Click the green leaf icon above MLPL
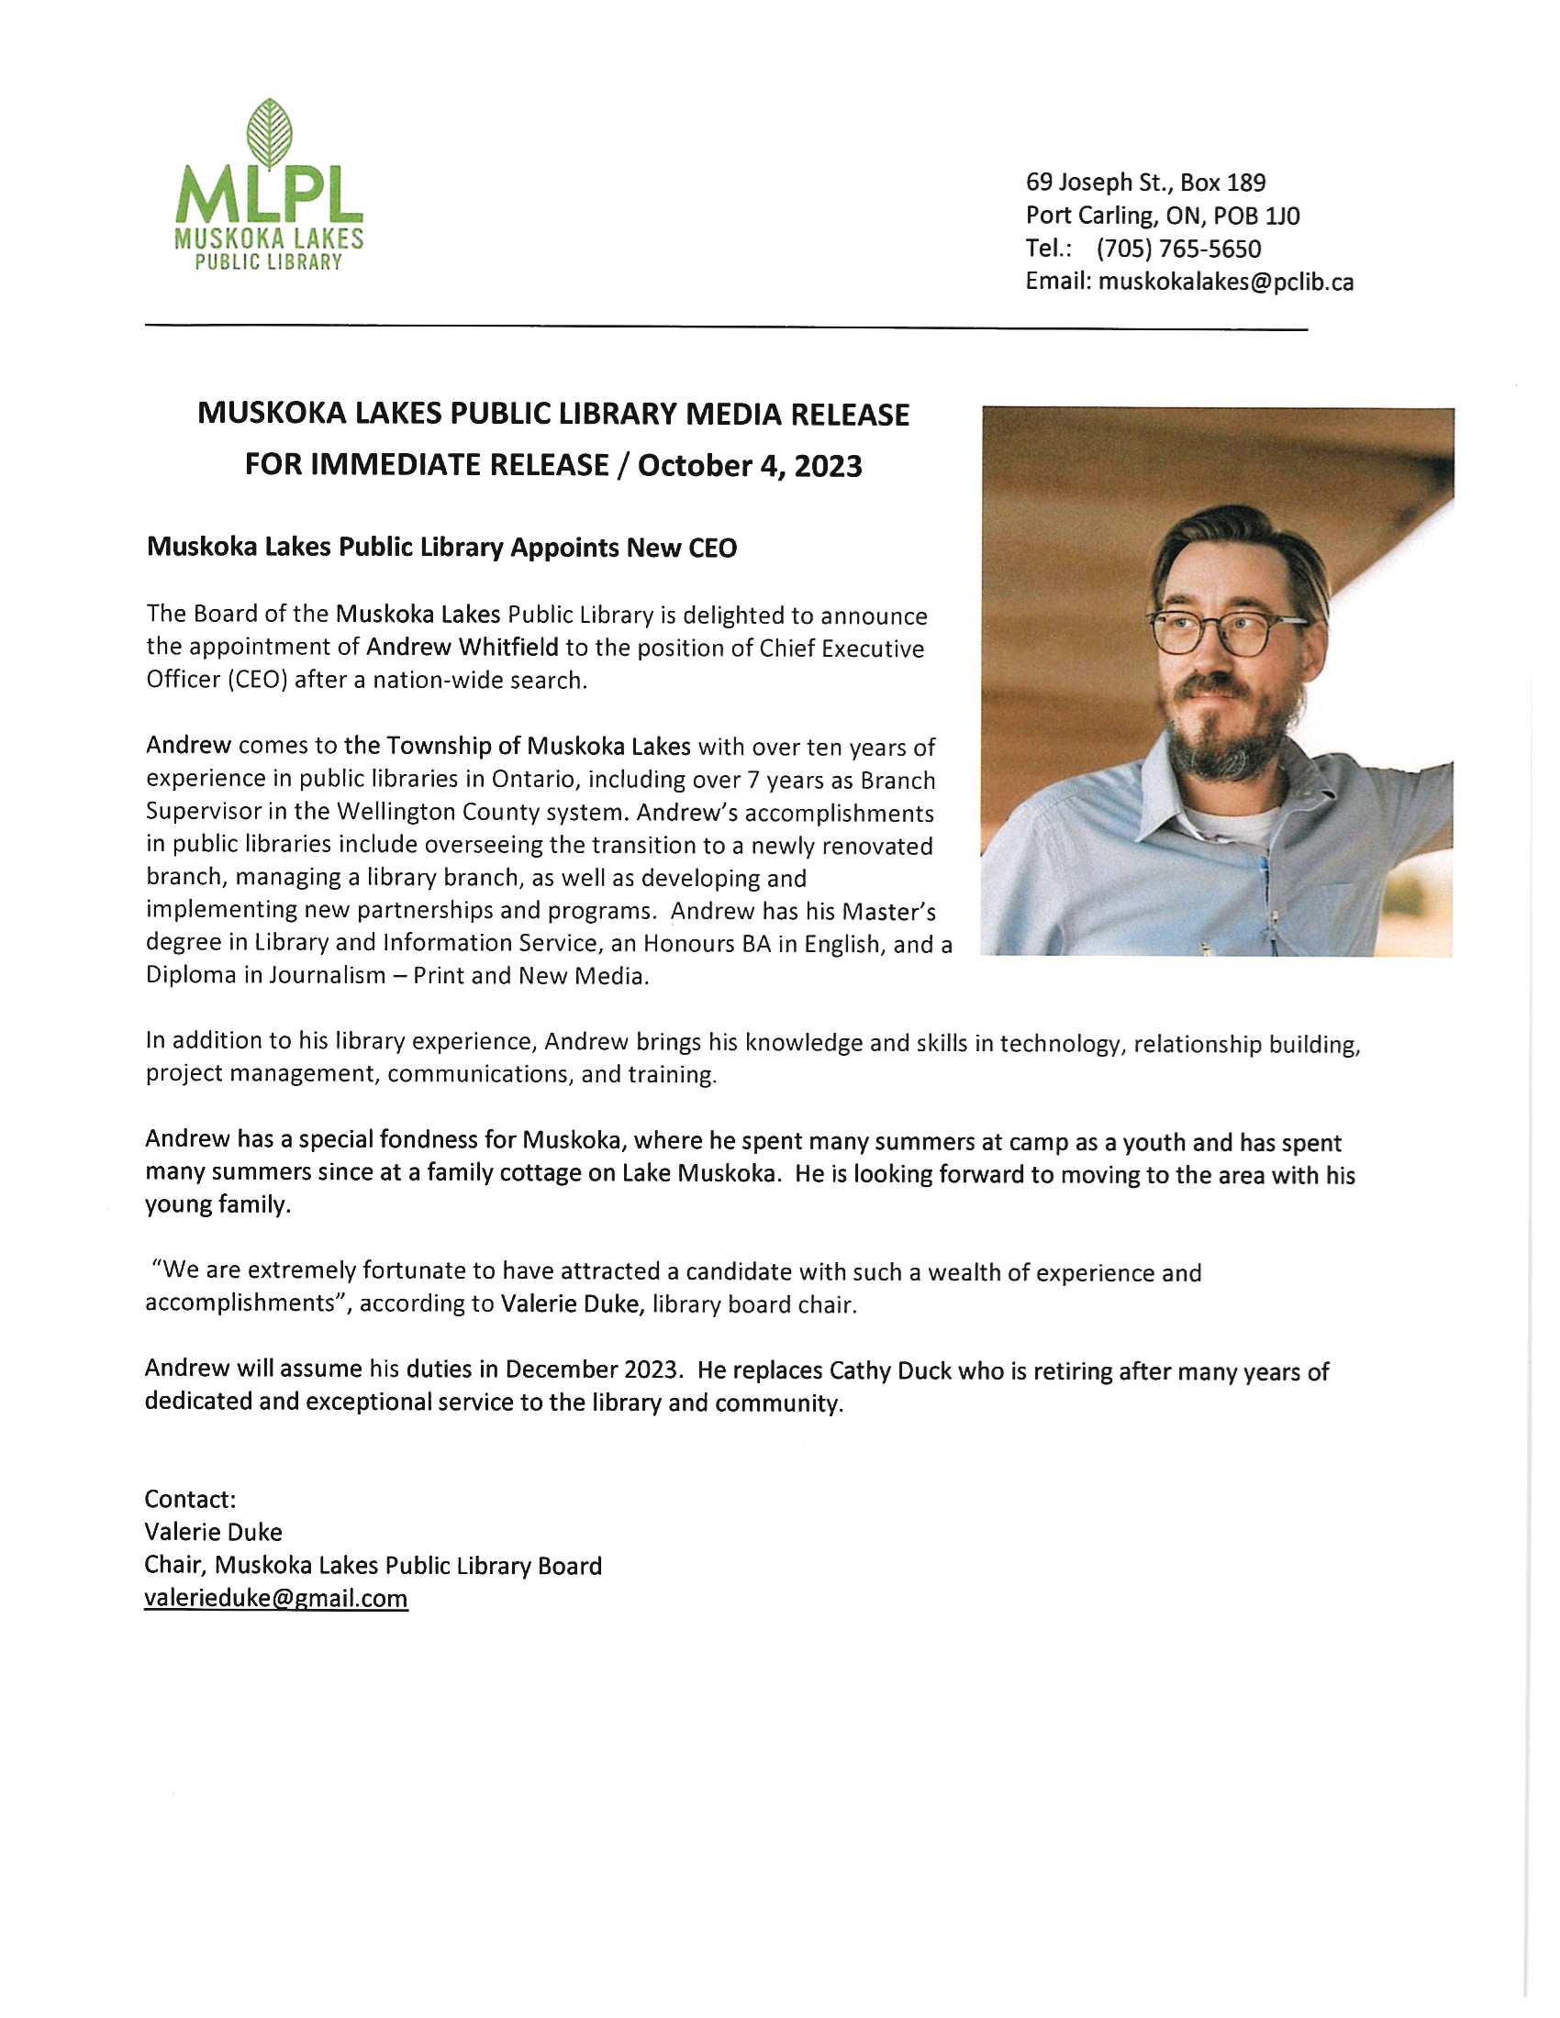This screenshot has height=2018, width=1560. point(269,133)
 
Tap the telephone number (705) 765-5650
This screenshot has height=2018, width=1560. point(1178,249)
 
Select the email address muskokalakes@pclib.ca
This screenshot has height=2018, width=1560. point(1225,282)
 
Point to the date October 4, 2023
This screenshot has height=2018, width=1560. point(750,465)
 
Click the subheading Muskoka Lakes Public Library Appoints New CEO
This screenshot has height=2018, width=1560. point(441,548)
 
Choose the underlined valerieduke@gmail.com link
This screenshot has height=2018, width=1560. point(275,1599)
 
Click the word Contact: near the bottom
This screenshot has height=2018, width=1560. point(190,1499)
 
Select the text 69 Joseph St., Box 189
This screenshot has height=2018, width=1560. point(1145,182)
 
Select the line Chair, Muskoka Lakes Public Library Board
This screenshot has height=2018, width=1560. point(373,1565)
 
